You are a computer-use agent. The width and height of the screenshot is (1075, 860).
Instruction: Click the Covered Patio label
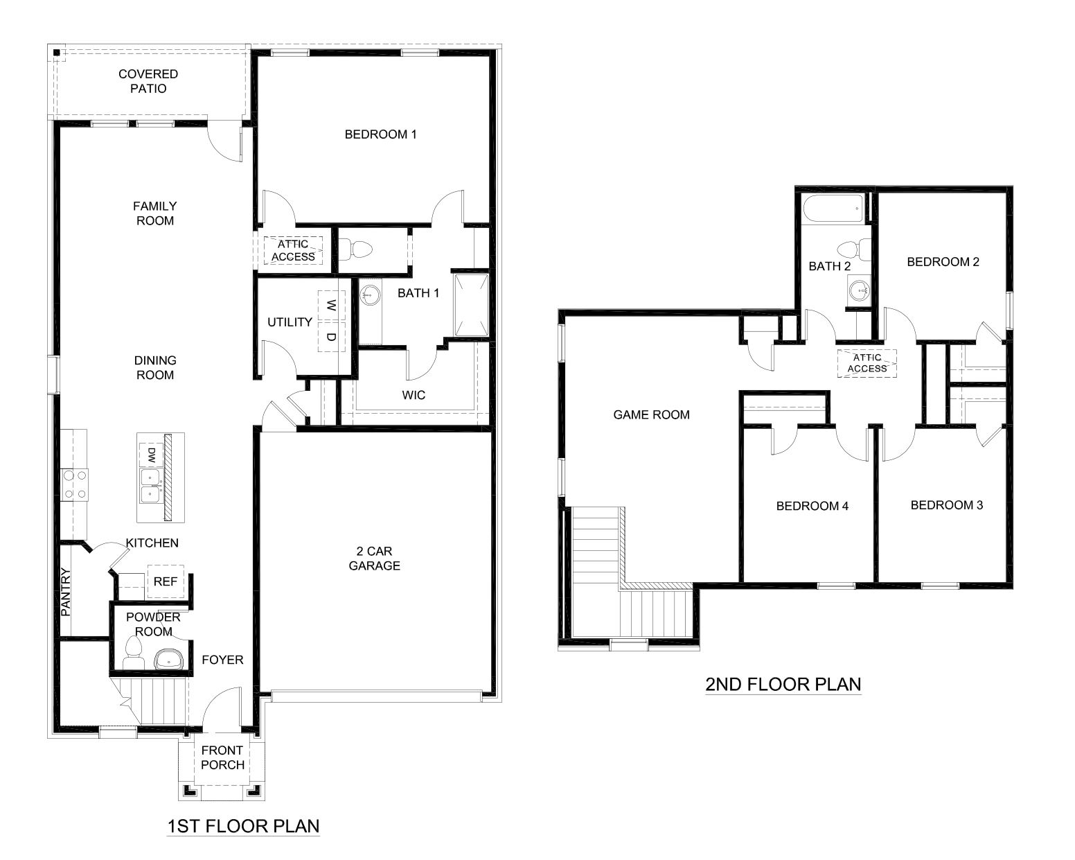pos(148,81)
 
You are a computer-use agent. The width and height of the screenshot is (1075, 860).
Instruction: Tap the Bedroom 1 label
pos(380,134)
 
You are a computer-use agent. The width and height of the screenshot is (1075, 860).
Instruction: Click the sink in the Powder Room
pos(167,659)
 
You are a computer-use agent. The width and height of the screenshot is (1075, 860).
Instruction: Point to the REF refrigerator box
pos(166,582)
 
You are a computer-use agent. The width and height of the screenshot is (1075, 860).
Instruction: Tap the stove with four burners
pos(73,484)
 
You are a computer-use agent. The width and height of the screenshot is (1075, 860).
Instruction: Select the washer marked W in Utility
pos(331,305)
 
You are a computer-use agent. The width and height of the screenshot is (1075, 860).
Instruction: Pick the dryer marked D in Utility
pos(331,337)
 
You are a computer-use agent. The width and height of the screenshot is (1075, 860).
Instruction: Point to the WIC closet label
pos(414,395)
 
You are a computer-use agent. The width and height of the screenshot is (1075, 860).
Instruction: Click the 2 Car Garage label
pos(374,559)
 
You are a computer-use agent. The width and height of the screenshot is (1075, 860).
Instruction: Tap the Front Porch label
pos(222,757)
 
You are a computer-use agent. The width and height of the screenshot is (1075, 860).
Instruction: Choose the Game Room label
pos(651,415)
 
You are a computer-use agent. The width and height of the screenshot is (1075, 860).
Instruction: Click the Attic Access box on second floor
pos(867,363)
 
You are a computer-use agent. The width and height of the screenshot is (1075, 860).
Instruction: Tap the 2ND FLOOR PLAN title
pos(783,685)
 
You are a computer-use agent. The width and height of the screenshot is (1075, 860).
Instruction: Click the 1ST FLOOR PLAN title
pos(243,826)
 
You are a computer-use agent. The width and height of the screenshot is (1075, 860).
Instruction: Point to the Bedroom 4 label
pos(812,506)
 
